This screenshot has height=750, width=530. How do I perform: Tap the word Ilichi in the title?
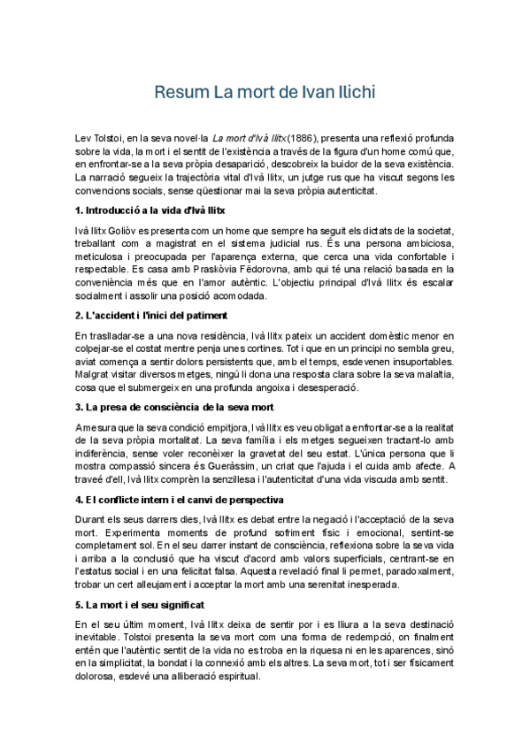pyautogui.click(x=353, y=92)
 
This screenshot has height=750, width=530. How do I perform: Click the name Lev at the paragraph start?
pyautogui.click(x=83, y=139)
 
